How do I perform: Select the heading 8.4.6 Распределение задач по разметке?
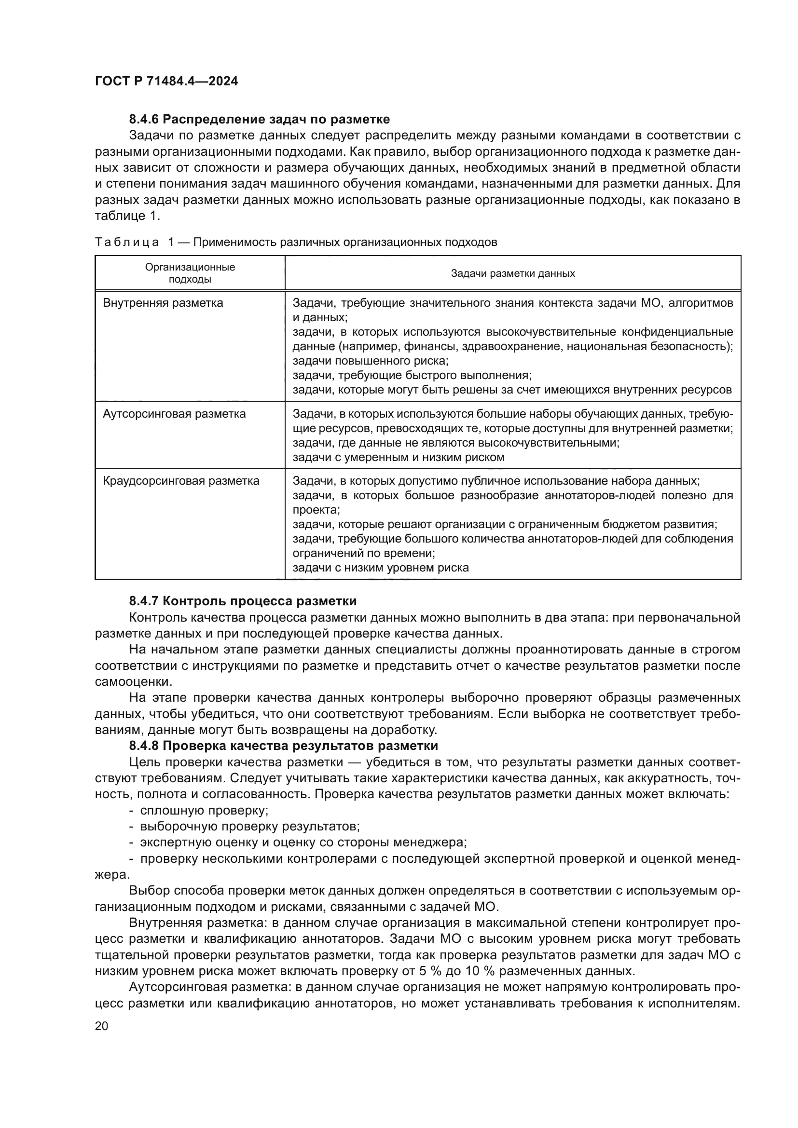[x=260, y=120]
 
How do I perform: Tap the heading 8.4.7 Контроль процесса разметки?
[x=243, y=601]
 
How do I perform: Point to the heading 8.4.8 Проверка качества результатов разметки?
[x=284, y=746]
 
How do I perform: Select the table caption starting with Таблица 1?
[x=296, y=242]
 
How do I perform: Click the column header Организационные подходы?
[x=190, y=273]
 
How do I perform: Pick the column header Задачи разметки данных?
[x=512, y=273]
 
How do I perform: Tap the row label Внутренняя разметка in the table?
[x=163, y=303]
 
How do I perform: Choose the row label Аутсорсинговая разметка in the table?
[x=174, y=414]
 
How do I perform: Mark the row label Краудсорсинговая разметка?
[x=181, y=480]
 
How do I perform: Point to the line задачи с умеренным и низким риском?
[x=398, y=457]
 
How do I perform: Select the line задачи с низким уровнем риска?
[x=380, y=568]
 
